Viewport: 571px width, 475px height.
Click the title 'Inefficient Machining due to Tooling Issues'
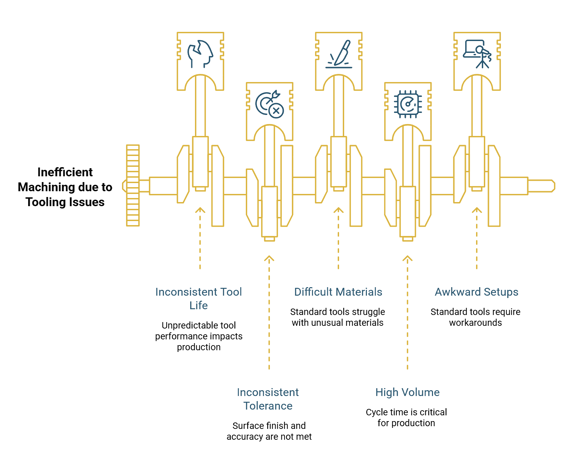(x=65, y=187)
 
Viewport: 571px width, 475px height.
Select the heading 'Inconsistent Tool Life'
(x=199, y=298)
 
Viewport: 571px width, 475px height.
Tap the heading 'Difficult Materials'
(x=338, y=292)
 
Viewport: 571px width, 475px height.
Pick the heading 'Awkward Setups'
(x=476, y=292)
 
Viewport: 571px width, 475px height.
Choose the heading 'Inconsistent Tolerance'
(x=268, y=399)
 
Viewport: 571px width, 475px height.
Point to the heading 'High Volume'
(x=407, y=392)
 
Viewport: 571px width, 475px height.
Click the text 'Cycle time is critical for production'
(x=406, y=417)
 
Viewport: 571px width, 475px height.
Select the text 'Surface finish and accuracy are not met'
(x=269, y=431)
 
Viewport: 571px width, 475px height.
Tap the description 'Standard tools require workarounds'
(x=475, y=317)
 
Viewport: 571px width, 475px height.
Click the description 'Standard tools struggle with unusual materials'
(x=337, y=317)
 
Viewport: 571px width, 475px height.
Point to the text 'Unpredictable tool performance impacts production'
(x=199, y=336)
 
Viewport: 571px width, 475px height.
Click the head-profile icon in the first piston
(x=200, y=54)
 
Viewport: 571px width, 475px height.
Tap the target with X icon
(x=270, y=104)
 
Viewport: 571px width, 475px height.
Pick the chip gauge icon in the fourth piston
(x=408, y=104)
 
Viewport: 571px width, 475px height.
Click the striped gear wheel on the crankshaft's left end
(x=133, y=185)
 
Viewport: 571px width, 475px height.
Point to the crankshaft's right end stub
(x=541, y=186)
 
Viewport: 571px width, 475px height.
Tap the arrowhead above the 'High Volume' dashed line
(x=407, y=259)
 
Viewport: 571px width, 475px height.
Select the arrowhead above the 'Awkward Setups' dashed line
(x=477, y=210)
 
